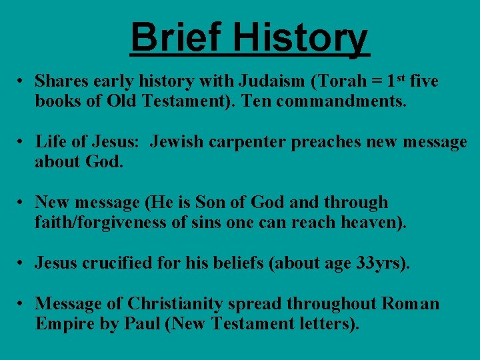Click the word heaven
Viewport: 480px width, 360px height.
[371, 222]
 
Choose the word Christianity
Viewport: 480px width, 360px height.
[175, 304]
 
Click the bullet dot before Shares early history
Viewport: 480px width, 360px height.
[22, 82]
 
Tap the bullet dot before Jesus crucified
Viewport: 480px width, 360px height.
[22, 264]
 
